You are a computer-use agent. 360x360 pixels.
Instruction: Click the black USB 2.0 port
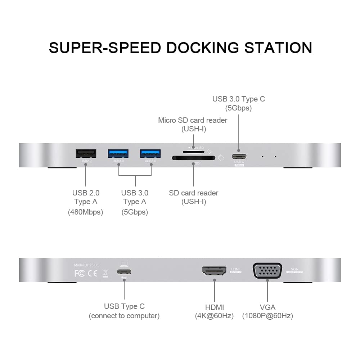tap(86, 153)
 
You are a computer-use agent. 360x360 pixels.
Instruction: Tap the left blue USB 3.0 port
tap(118, 153)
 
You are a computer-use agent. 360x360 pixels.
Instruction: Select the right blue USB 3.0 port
tap(150, 153)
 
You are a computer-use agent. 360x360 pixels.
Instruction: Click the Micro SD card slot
tap(193, 152)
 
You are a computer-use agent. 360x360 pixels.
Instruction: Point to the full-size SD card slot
tap(193, 158)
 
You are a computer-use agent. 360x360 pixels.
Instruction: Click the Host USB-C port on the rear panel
tap(124, 272)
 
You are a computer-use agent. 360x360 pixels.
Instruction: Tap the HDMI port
tap(214, 271)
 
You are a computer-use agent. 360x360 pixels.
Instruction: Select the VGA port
tap(267, 271)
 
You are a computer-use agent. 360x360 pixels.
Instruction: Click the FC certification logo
tap(79, 273)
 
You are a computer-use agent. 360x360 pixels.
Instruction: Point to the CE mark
tap(93, 273)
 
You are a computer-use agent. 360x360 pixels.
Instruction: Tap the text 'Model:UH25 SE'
tap(86, 265)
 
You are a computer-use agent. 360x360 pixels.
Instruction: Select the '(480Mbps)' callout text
tap(86, 212)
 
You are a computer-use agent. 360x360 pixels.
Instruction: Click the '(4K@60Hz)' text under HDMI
tap(215, 316)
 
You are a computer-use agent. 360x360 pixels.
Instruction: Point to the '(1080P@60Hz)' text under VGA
tap(267, 316)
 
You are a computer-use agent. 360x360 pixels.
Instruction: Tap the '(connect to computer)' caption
tap(124, 316)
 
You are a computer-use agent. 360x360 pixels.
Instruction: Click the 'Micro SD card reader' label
tap(193, 120)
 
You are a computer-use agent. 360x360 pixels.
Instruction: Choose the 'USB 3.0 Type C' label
tap(238, 99)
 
